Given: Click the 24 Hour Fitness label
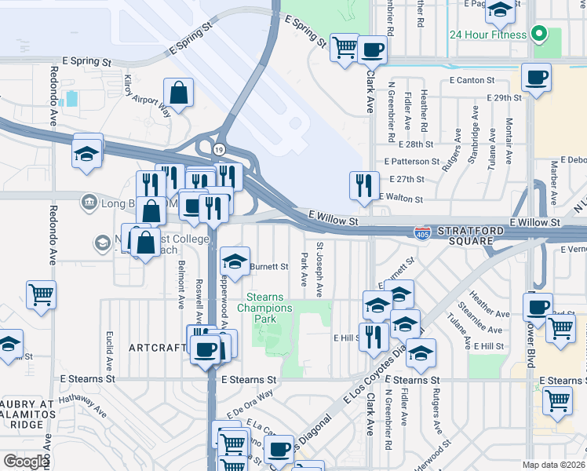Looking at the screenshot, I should [487, 35].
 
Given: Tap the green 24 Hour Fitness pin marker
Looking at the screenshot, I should [538, 34].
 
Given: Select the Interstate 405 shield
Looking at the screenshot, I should [422, 232].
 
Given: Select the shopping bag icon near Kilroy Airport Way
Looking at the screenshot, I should [180, 93].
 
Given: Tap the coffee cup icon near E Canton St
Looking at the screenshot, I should [537, 78].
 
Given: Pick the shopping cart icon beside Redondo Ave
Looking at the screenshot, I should [42, 295].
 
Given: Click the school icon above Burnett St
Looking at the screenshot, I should [235, 261].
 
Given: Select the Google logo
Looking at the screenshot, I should [26, 462].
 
